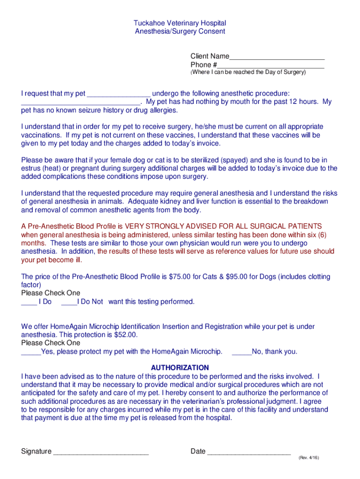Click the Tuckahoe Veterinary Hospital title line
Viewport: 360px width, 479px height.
[x=180, y=23]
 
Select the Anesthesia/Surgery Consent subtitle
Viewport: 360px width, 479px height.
[x=180, y=31]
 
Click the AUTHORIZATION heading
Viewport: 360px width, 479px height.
[x=180, y=368]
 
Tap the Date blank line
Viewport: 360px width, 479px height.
[x=249, y=452]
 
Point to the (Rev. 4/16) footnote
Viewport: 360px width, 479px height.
[x=308, y=458]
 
